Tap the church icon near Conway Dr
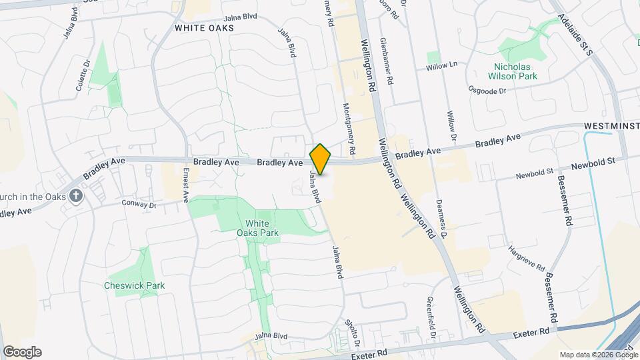click(x=76, y=196)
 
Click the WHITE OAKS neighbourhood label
click(x=204, y=28)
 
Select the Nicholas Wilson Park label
click(x=515, y=71)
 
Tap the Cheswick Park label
click(x=134, y=285)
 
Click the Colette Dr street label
click(x=83, y=76)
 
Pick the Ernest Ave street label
click(x=186, y=185)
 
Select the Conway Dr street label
click(x=139, y=204)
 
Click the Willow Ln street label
click(x=442, y=65)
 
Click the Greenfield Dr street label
click(x=431, y=317)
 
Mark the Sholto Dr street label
click(x=353, y=333)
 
